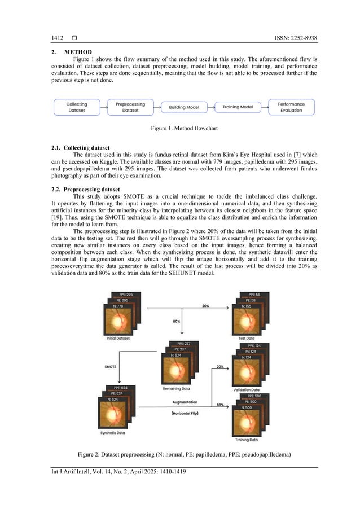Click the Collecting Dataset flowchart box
pyautogui.click(x=77, y=107)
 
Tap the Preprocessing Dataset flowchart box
pyautogui.click(x=130, y=107)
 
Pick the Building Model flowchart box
pyautogui.click(x=181, y=107)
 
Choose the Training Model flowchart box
pyautogui.click(x=238, y=107)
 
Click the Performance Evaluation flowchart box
pyautogui.click(x=291, y=107)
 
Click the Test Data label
pyautogui.click(x=247, y=338)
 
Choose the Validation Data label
pyautogui.click(x=247, y=389)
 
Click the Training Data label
pyautogui.click(x=247, y=440)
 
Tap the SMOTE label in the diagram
pyautogui.click(x=111, y=366)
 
